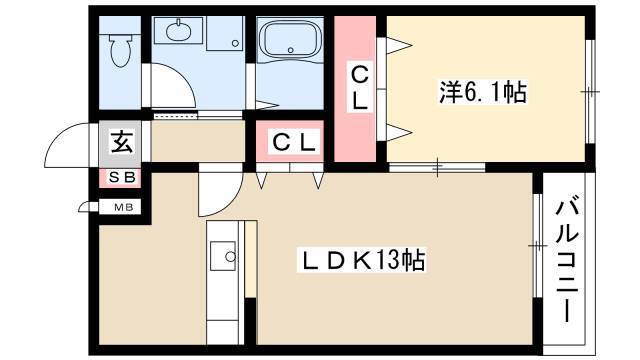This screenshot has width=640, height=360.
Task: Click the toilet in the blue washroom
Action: (x=120, y=50)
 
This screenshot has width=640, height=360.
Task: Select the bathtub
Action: (x=290, y=40)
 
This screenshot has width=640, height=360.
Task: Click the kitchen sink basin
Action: (x=223, y=256)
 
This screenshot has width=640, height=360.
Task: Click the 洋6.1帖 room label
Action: (x=483, y=92)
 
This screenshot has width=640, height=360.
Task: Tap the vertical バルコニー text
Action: (x=567, y=261)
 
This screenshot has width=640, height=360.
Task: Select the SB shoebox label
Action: (x=121, y=178)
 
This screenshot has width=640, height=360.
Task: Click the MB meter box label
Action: (x=123, y=207)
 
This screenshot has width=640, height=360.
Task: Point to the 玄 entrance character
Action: (x=122, y=141)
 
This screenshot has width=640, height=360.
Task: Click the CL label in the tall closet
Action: (x=360, y=88)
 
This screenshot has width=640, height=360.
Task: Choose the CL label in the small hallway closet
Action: (x=294, y=143)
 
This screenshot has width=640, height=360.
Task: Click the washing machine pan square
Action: (x=225, y=33)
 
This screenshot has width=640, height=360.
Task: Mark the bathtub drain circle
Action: (x=290, y=50)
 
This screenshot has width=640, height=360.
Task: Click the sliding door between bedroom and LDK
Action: (x=437, y=167)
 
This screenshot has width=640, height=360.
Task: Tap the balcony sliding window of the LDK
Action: (x=538, y=245)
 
